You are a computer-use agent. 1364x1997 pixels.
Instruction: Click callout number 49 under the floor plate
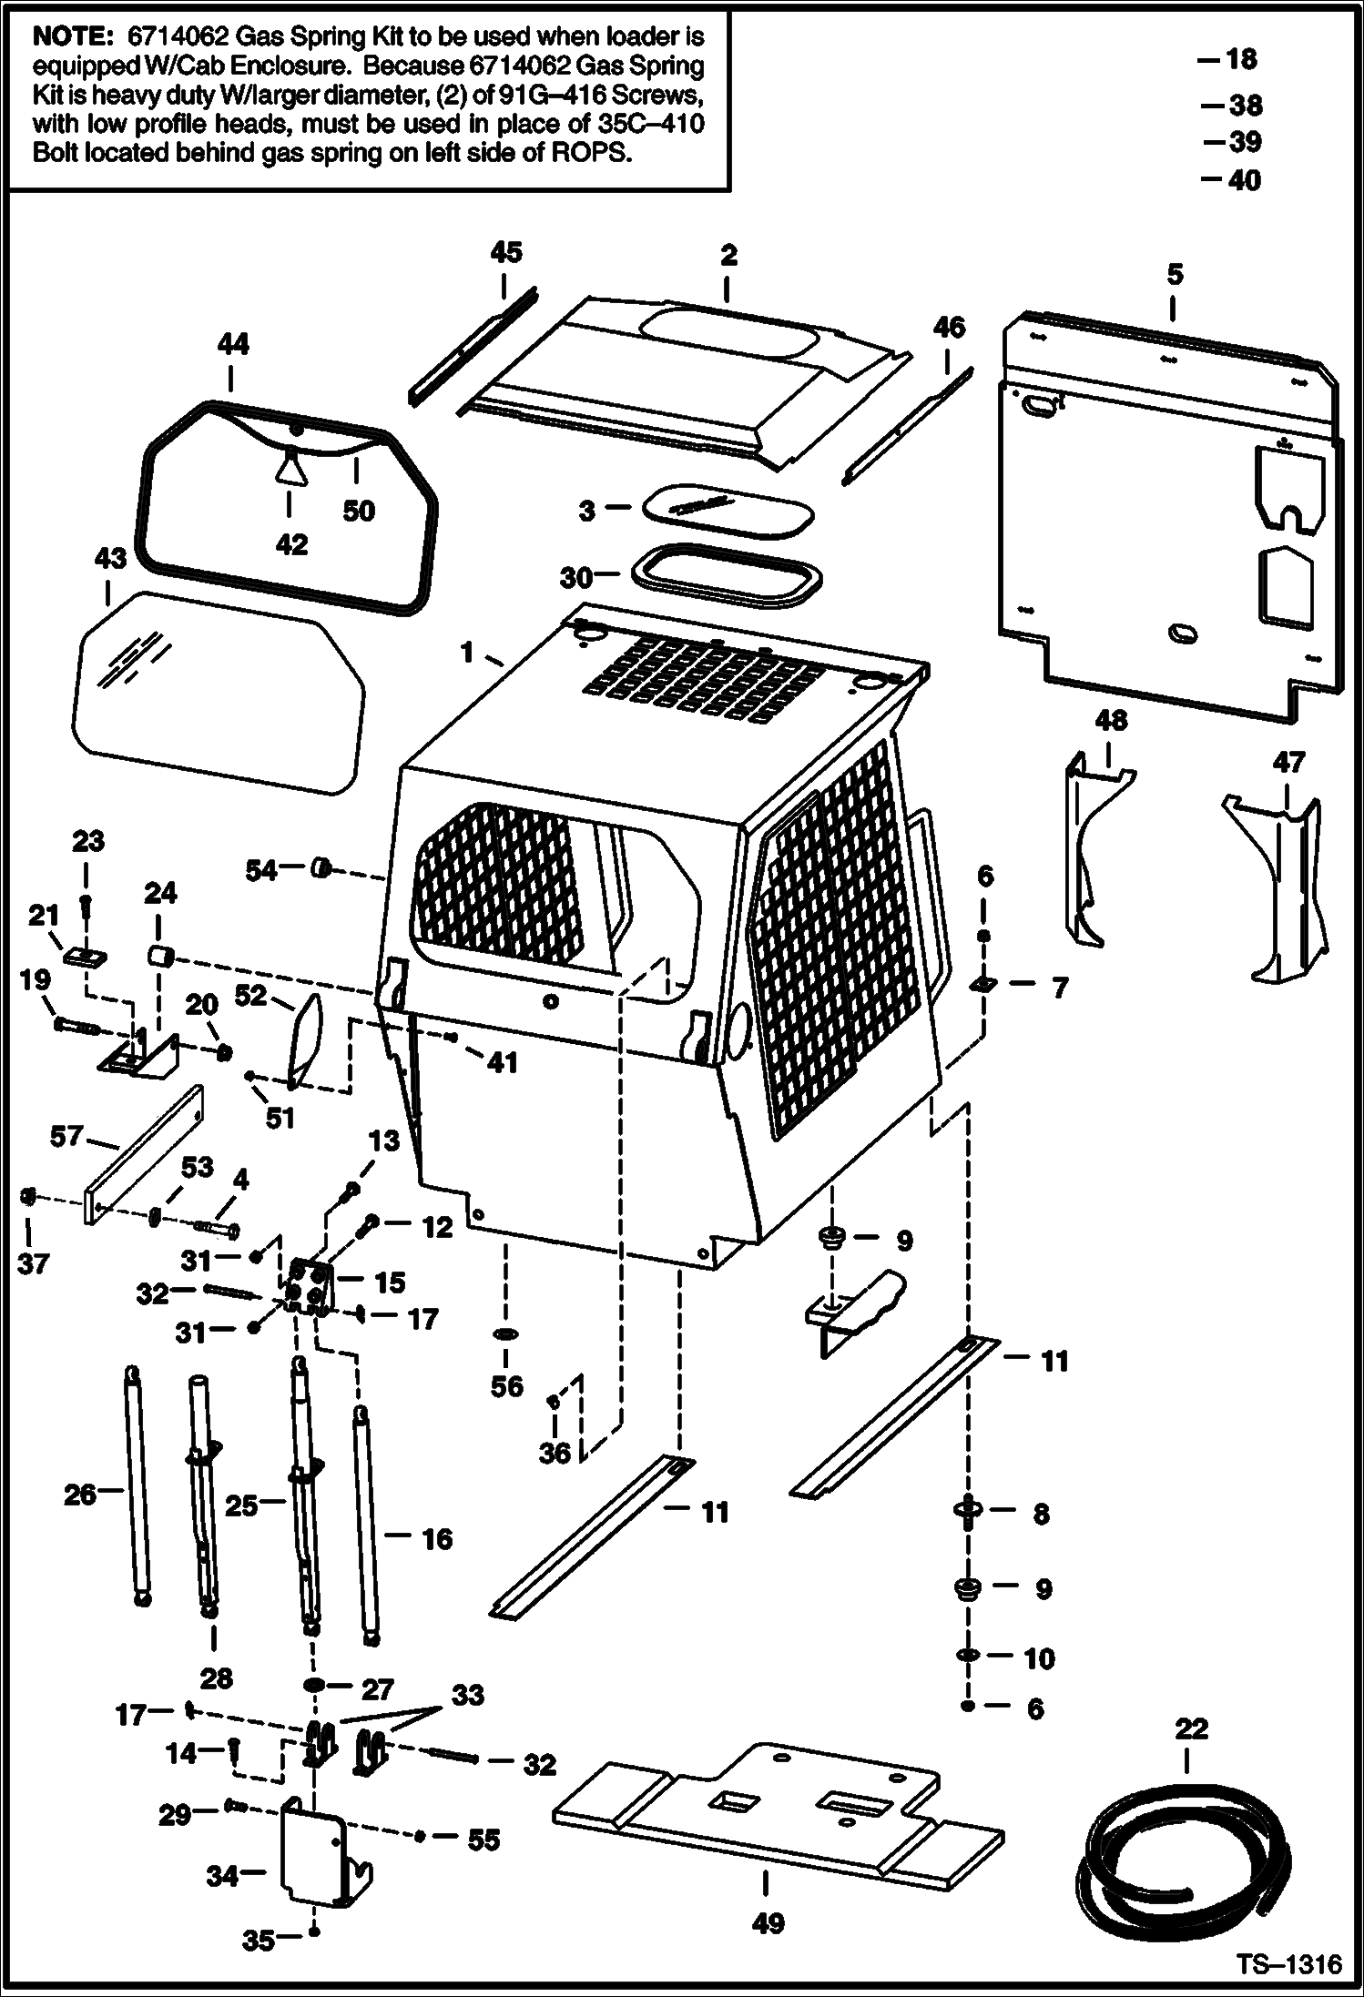[x=769, y=1923]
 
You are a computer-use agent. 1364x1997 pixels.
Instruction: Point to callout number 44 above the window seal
[x=233, y=343]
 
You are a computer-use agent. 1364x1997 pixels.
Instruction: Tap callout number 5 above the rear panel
[x=1175, y=274]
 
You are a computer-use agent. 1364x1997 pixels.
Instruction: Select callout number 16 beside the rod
[x=437, y=1539]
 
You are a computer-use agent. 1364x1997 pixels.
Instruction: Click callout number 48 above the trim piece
[x=1109, y=720]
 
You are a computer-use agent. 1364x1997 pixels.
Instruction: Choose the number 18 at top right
[x=1240, y=60]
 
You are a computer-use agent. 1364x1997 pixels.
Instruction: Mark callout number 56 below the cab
[x=507, y=1386]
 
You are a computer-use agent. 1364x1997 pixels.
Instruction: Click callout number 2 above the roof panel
[x=728, y=256]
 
